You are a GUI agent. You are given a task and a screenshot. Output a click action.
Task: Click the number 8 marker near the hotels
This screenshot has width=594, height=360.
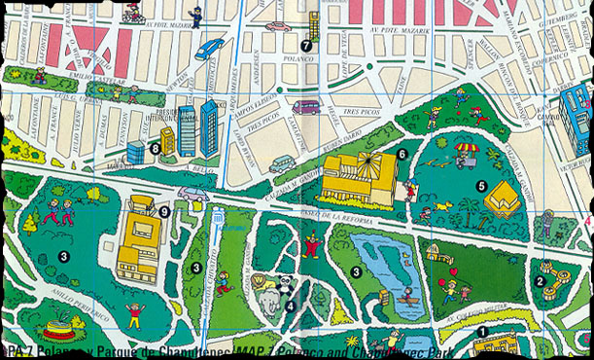(156, 148)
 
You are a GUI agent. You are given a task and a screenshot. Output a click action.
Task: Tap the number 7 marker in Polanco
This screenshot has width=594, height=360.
(307, 45)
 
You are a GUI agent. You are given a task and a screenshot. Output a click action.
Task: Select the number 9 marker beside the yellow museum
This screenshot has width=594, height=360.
(164, 210)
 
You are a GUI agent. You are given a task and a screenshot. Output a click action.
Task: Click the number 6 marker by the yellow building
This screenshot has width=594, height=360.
(402, 154)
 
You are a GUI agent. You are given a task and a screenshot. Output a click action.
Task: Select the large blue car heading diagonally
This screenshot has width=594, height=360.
(209, 49)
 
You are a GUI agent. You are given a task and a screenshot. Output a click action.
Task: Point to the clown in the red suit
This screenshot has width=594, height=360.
(311, 244)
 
